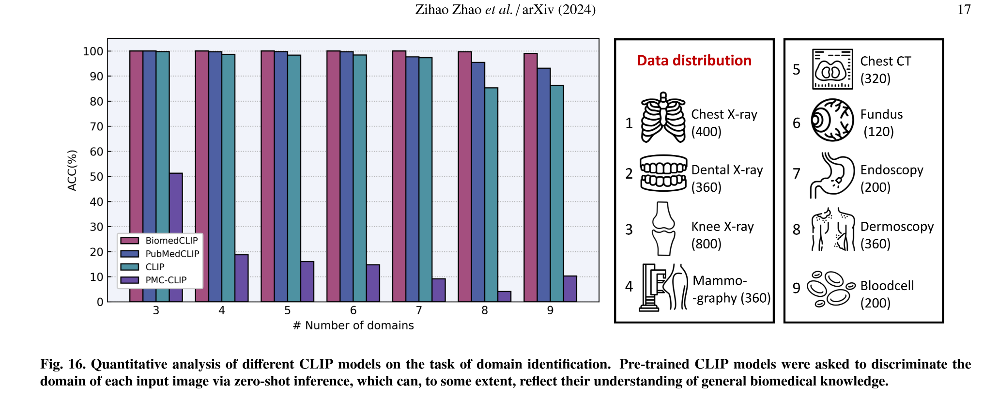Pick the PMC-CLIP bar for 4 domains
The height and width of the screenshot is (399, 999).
tap(242, 278)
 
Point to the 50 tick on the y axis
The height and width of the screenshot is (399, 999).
tap(97, 177)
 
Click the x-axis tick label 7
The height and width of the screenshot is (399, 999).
tap(419, 310)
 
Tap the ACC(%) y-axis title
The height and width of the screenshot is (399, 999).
tap(72, 170)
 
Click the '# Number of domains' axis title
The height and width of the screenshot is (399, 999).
tap(353, 325)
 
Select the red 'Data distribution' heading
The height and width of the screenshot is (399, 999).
tap(694, 61)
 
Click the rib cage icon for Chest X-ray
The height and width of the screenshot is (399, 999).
tap(663, 118)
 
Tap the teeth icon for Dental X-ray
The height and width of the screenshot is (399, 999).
tap(663, 173)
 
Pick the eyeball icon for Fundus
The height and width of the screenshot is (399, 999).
tap(832, 120)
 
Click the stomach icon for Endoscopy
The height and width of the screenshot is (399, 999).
tap(832, 175)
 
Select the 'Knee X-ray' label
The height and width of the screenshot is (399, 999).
tap(722, 227)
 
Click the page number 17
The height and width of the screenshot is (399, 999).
tap(964, 10)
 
